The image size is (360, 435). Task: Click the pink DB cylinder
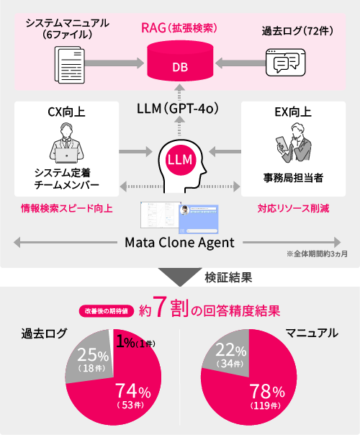pyautogui.click(x=180, y=60)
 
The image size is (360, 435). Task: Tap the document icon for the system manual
pyautogui.click(x=70, y=65)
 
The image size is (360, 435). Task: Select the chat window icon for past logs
pyautogui.click(x=285, y=63)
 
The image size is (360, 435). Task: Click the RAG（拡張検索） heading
pyautogui.click(x=179, y=28)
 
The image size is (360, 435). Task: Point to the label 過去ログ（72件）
pyautogui.click(x=297, y=31)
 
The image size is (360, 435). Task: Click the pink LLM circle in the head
pyautogui.click(x=180, y=160)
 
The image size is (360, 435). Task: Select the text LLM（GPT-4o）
pyautogui.click(x=178, y=109)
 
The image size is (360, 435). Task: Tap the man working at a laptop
pyautogui.click(x=66, y=143)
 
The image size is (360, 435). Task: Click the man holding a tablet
pyautogui.click(x=294, y=143)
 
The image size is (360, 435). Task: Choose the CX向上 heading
pyautogui.click(x=66, y=112)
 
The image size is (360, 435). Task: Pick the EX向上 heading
pyautogui.click(x=293, y=112)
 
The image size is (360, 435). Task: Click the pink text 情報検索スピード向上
pyautogui.click(x=67, y=208)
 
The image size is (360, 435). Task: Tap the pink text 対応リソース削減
pyautogui.click(x=294, y=208)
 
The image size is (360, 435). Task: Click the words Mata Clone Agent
pyautogui.click(x=180, y=243)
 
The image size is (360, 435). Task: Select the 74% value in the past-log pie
pyautogui.click(x=133, y=390)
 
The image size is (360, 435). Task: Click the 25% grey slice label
pyautogui.click(x=93, y=355)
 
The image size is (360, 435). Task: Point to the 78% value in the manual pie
pyautogui.click(x=267, y=392)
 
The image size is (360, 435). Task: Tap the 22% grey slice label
pyautogui.click(x=230, y=350)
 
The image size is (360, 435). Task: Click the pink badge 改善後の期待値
pyautogui.click(x=107, y=311)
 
